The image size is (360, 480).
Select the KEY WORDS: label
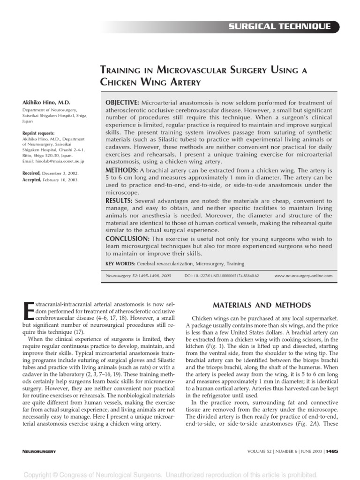(x=119, y=264)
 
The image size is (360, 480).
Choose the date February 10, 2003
(x=61, y=180)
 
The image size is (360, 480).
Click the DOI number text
(x=222, y=276)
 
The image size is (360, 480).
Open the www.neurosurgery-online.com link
(x=304, y=276)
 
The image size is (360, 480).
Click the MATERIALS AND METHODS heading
(x=262, y=306)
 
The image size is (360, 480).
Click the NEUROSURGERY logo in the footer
(x=39, y=451)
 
